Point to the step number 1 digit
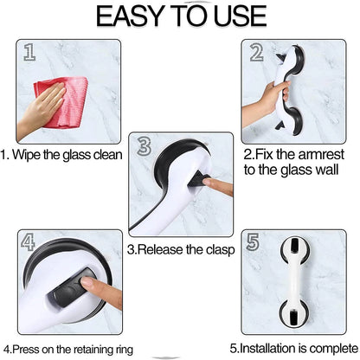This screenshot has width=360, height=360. click(x=29, y=52)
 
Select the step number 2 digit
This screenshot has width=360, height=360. click(x=256, y=53)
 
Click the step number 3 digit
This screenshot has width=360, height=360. click(x=145, y=145)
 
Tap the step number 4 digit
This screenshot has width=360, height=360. click(x=28, y=241)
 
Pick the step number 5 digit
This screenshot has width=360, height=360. click(x=253, y=241)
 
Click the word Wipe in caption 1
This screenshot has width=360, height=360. click(x=27, y=155)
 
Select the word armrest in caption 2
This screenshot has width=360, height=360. click(x=321, y=154)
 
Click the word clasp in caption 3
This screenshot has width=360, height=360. click(x=220, y=250)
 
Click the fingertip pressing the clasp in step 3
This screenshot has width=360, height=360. click(x=207, y=182)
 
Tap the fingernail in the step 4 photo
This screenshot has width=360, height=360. click(x=87, y=283)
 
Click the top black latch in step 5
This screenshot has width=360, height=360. click(x=294, y=245)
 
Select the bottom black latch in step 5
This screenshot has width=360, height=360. click(x=294, y=318)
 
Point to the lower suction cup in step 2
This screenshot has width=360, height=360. click(x=294, y=119)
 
